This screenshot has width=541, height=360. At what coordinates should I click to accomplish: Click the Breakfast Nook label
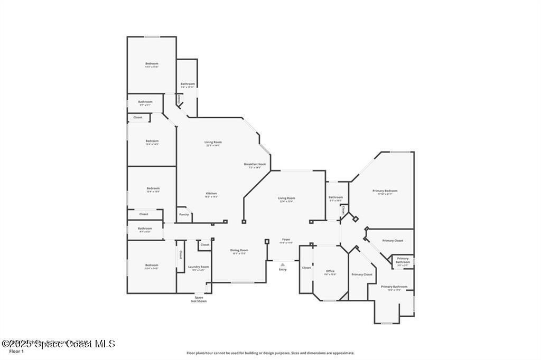(x=255, y=164)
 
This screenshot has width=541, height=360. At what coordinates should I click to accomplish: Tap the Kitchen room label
(x=211, y=194)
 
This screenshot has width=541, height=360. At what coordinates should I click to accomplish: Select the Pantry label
(x=184, y=214)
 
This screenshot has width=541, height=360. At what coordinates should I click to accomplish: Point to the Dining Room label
(x=239, y=251)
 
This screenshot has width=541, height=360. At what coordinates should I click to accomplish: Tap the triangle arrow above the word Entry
(x=283, y=264)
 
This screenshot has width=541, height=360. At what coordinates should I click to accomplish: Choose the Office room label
(x=330, y=271)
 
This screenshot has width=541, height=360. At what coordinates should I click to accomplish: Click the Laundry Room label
(x=199, y=267)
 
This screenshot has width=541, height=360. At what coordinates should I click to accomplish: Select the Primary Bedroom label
(x=385, y=191)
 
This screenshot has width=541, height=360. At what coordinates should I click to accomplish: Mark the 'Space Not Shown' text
(x=199, y=299)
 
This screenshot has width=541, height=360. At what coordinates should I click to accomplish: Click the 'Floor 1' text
(x=17, y=351)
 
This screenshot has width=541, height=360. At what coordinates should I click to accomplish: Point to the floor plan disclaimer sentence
(x=270, y=353)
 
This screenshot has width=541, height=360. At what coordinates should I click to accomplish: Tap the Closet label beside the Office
(x=306, y=268)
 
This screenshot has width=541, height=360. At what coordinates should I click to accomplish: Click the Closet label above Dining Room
(x=205, y=245)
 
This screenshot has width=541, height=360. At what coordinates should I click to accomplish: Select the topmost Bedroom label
(x=152, y=64)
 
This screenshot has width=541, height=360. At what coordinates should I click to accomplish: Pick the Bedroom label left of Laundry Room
(x=152, y=266)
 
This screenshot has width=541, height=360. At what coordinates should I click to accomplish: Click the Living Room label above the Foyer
(x=286, y=198)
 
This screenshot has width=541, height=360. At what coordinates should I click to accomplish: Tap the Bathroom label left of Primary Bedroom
(x=335, y=198)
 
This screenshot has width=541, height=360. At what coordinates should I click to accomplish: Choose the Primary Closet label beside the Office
(x=362, y=274)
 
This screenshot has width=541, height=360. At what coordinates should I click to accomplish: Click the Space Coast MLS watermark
(x=58, y=344)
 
